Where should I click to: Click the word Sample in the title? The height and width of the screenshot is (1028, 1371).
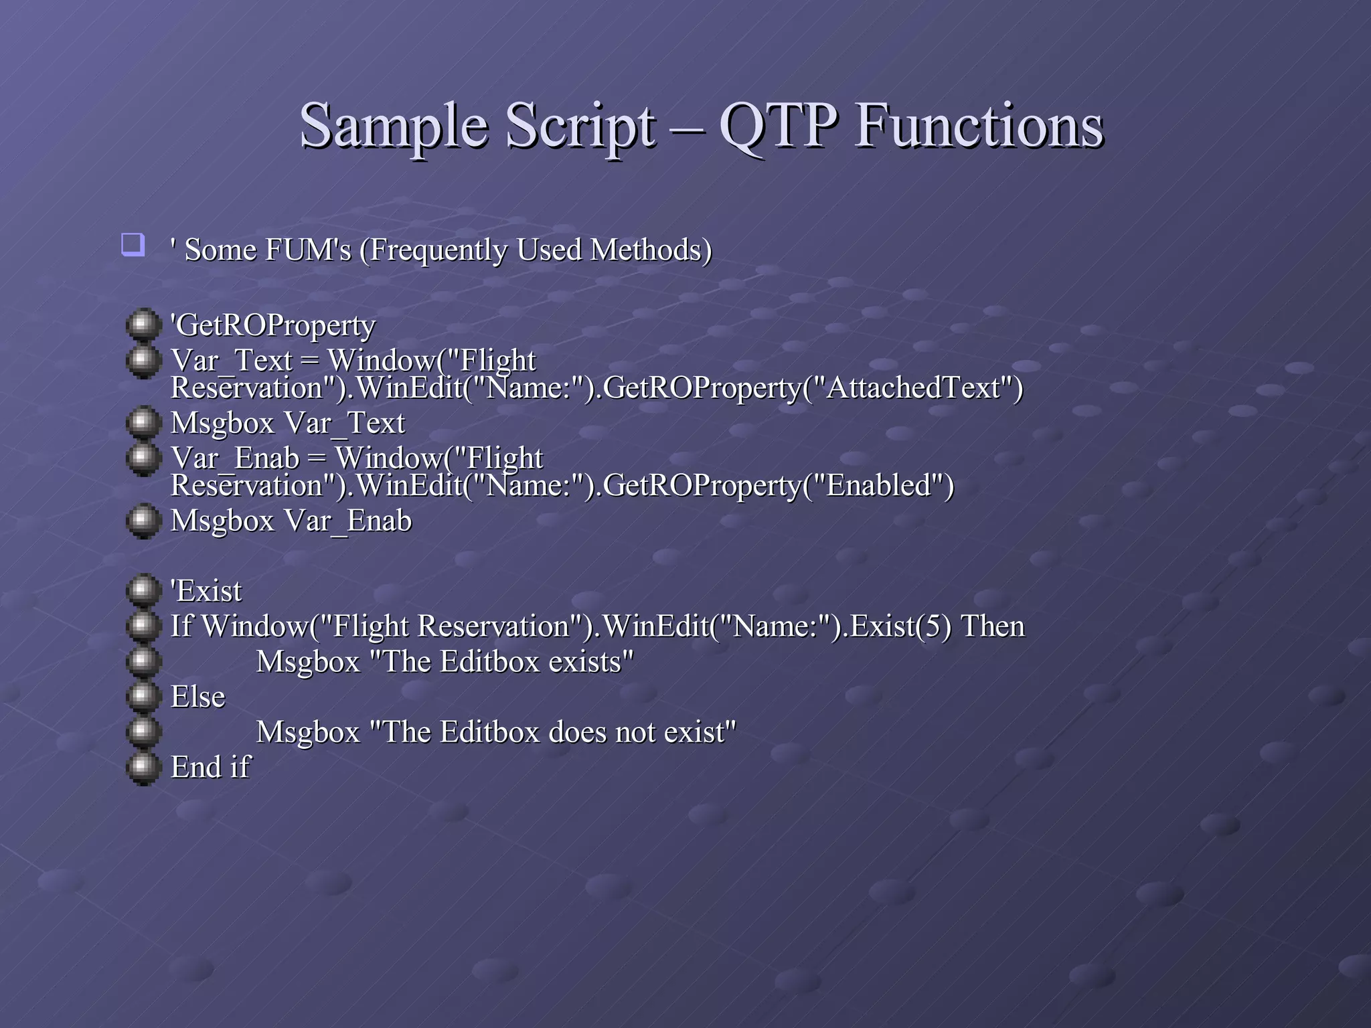click(x=394, y=126)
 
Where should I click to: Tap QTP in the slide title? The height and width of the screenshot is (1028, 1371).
click(x=778, y=126)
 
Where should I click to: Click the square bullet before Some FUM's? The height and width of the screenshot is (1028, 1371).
click(x=133, y=244)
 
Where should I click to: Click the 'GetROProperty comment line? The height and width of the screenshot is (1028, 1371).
click(x=273, y=325)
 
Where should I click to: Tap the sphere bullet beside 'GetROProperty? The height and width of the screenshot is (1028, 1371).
click(x=143, y=325)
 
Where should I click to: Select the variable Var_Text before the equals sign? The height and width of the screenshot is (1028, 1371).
click(x=231, y=361)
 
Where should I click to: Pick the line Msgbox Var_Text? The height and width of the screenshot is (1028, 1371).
click(x=288, y=423)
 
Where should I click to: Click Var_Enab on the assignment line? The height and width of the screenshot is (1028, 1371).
click(x=234, y=458)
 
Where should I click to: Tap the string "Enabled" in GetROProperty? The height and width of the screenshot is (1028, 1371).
click(x=878, y=486)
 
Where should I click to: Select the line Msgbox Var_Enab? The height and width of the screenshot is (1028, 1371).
click(x=291, y=521)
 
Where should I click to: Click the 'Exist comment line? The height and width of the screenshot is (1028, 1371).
click(x=206, y=591)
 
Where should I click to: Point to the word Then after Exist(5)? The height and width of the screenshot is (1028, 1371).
click(x=992, y=626)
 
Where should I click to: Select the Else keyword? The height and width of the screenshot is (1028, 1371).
click(x=197, y=697)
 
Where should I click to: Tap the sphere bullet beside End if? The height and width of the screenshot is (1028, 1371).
click(x=143, y=768)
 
